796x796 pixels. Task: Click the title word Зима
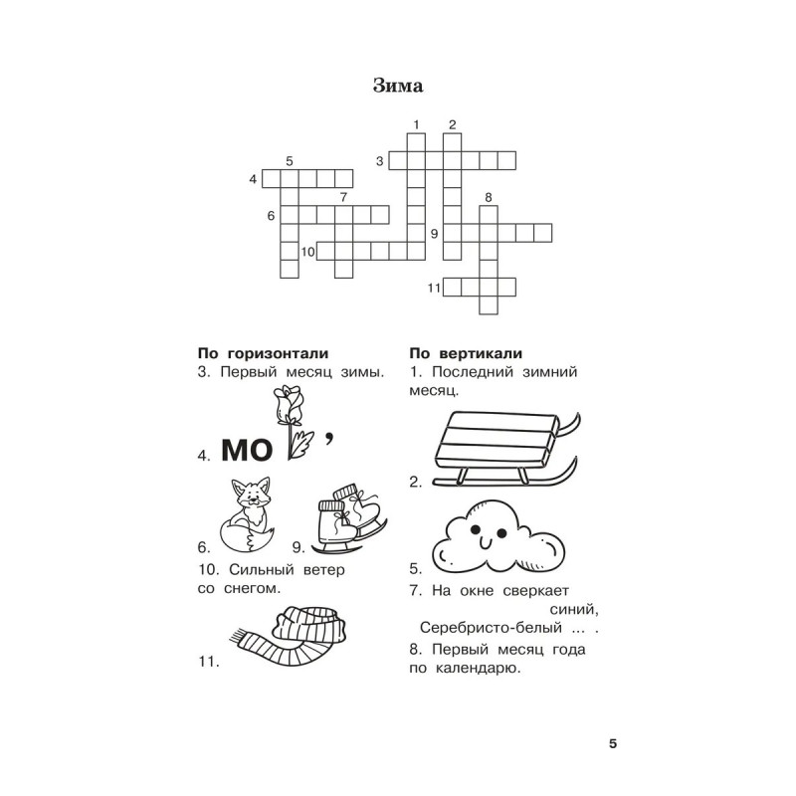(398, 86)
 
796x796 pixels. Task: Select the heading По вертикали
(466, 354)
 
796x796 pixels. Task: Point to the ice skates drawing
(347, 518)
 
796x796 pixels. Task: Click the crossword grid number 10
(307, 252)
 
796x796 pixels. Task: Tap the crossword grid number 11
(434, 289)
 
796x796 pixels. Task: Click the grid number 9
(435, 234)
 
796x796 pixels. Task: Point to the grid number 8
(489, 198)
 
